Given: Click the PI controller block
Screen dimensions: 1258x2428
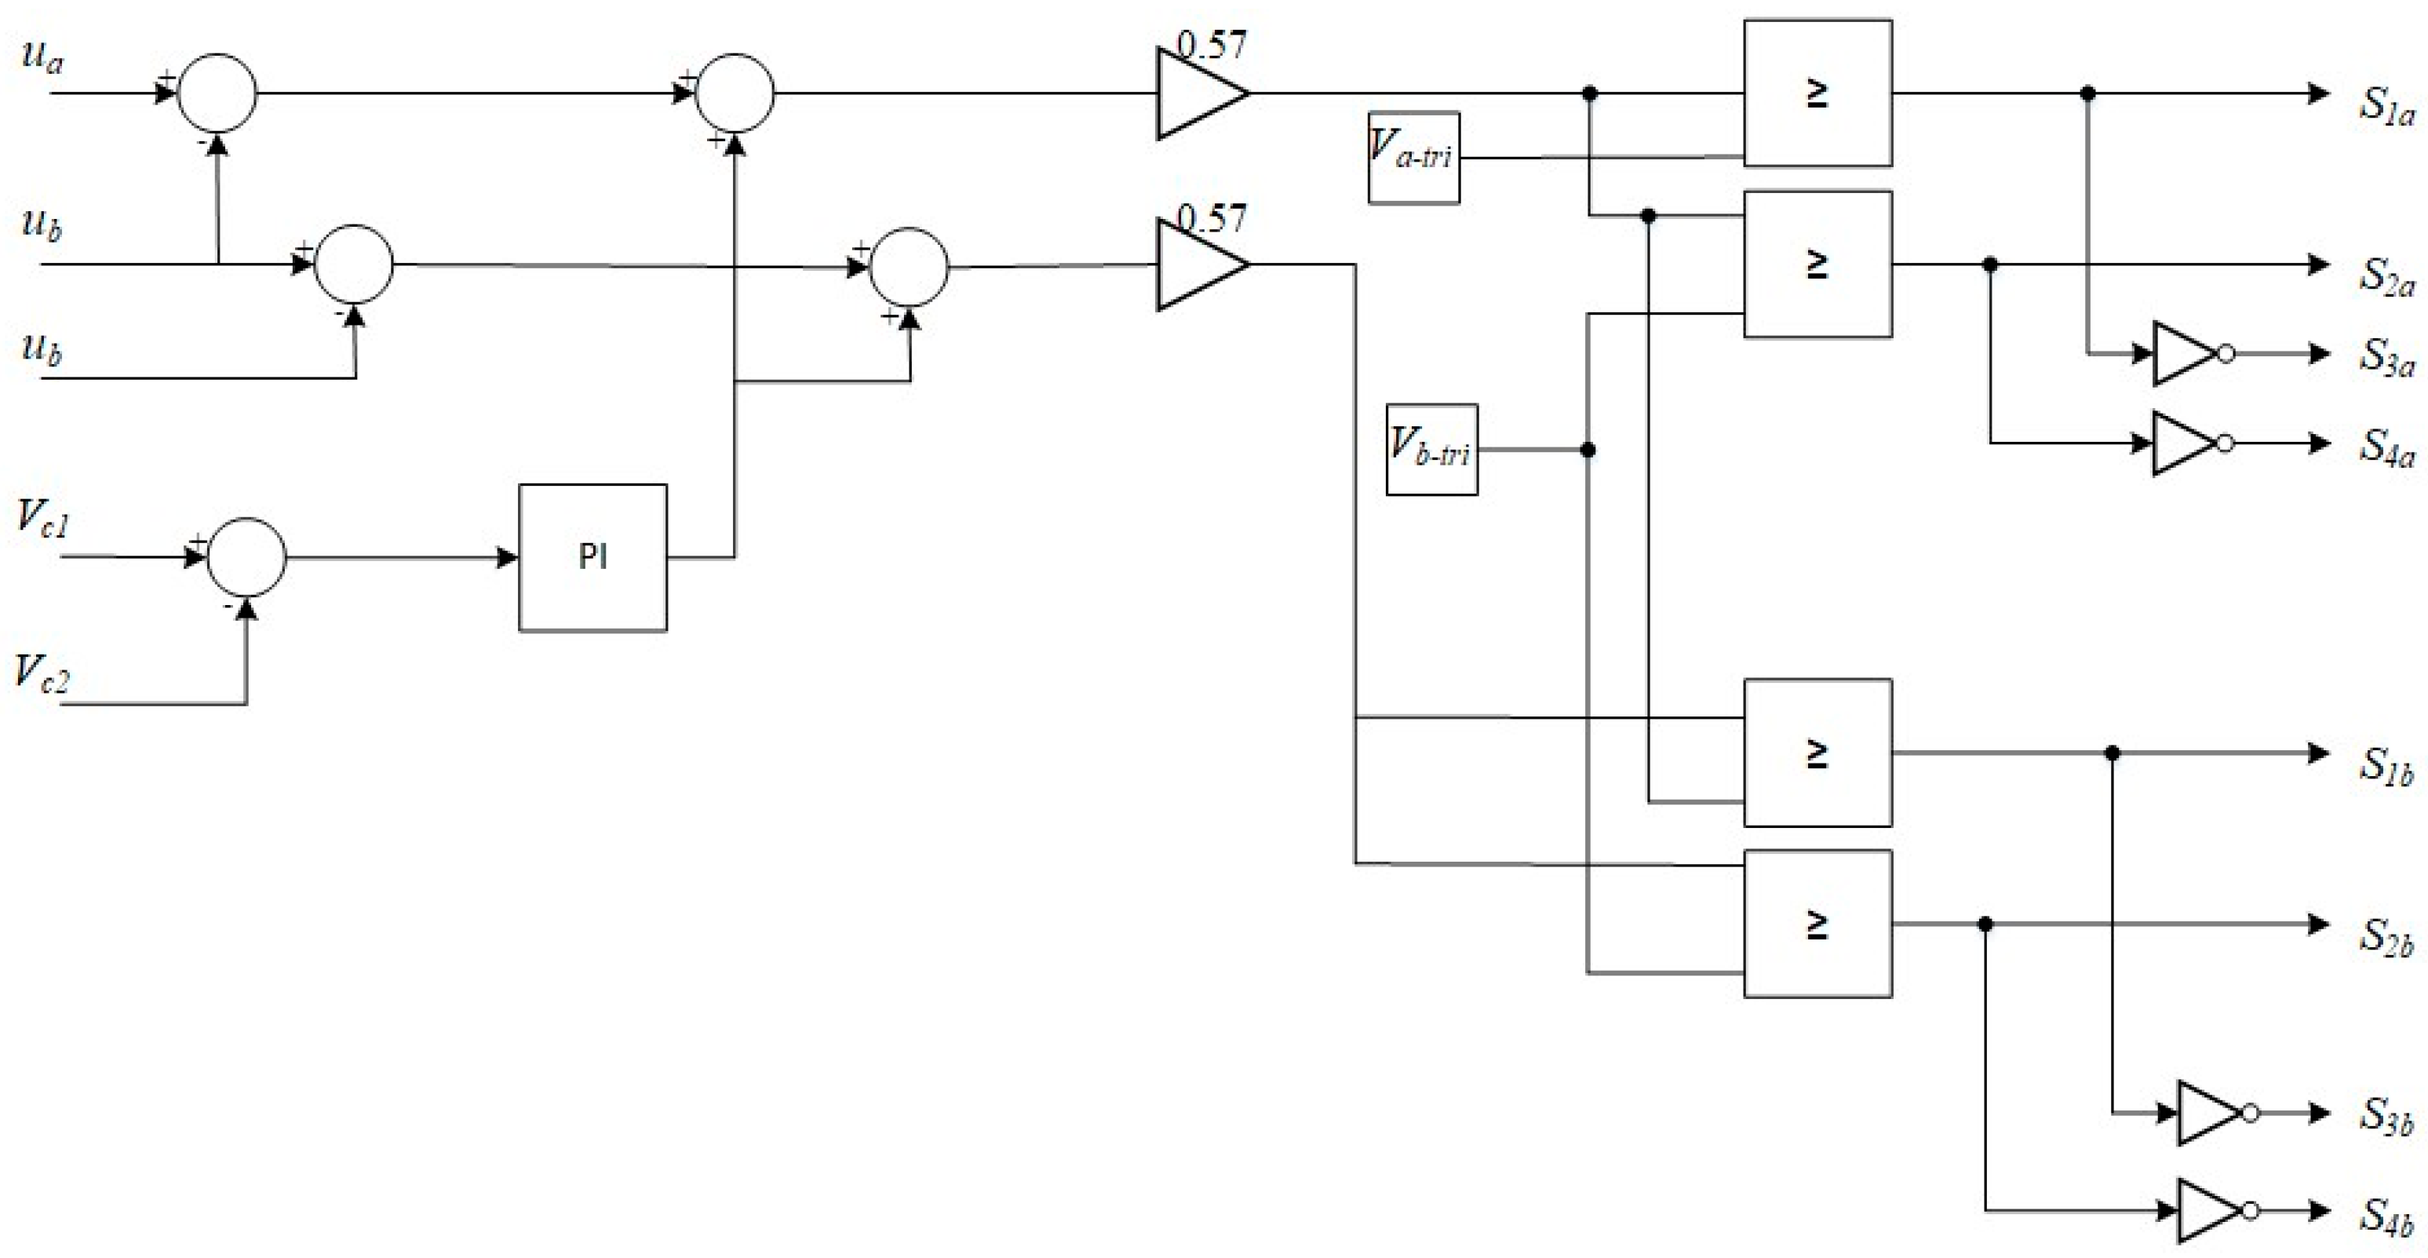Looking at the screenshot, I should click(x=592, y=557).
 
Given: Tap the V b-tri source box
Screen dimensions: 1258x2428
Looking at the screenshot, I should click(x=1431, y=450).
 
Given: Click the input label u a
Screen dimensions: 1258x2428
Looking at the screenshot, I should click(x=42, y=57).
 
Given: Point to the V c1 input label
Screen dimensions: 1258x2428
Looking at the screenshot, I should click(x=42, y=518).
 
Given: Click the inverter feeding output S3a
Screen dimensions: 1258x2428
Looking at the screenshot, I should click(x=2185, y=353).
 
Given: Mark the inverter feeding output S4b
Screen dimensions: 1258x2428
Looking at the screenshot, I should click(x=2209, y=1210).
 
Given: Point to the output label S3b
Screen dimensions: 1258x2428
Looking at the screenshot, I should click(x=2386, y=1116).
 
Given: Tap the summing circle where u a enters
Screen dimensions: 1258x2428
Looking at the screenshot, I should click(x=217, y=93).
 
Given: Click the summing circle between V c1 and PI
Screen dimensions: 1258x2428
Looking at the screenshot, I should click(x=246, y=557).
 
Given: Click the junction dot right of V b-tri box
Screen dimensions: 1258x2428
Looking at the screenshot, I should click(x=1588, y=450).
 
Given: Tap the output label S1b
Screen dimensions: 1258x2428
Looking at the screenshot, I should click(x=2386, y=765).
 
